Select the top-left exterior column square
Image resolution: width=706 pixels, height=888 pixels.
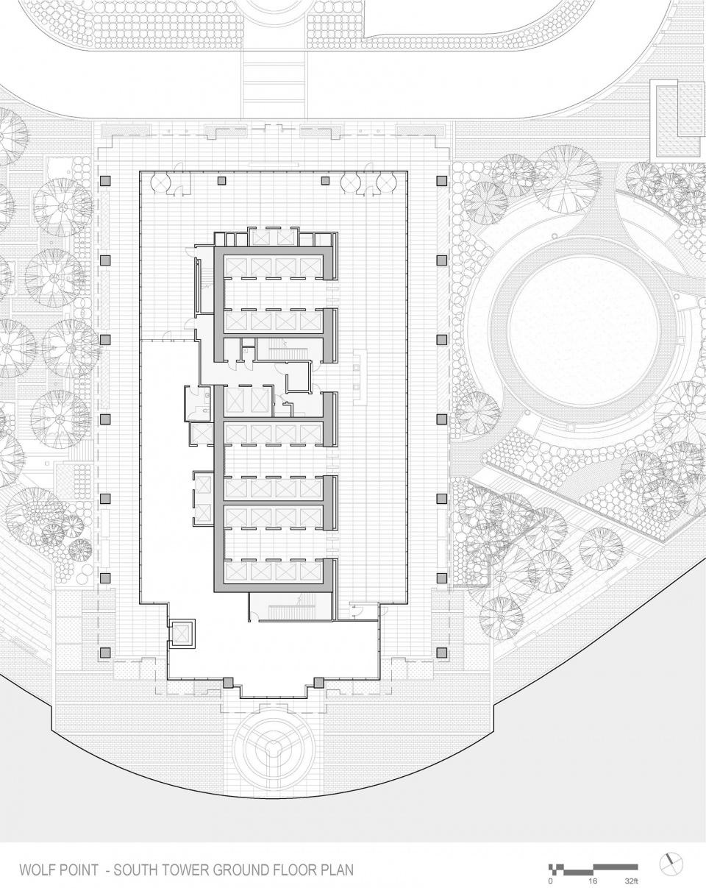106,181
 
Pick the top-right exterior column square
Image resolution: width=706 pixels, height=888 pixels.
442,181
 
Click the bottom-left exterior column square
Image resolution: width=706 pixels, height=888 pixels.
106,653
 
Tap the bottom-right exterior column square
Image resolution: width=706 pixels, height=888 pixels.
442,653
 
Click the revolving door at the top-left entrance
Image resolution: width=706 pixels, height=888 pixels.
160,182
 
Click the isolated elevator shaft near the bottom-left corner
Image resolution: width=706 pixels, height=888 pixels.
182,631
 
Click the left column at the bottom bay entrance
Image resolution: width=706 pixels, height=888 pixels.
228,682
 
